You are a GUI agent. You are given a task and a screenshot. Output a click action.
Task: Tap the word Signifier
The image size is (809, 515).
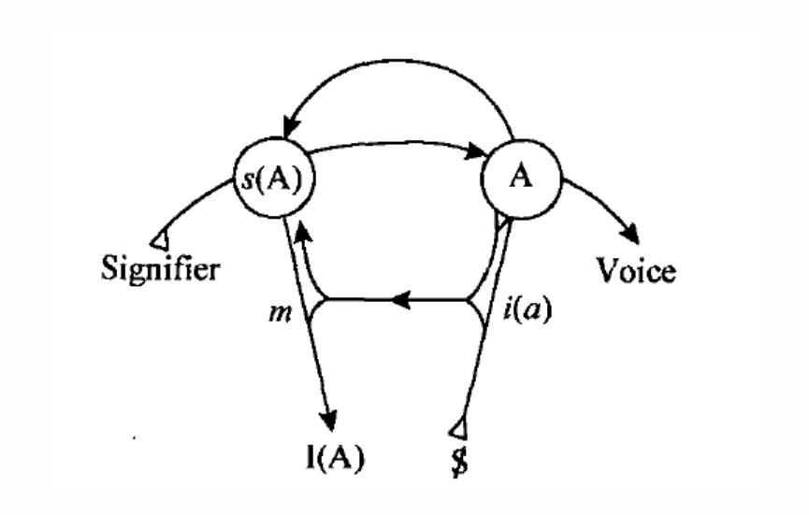(160, 269)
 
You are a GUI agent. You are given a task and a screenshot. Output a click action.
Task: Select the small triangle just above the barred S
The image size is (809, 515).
(457, 429)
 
